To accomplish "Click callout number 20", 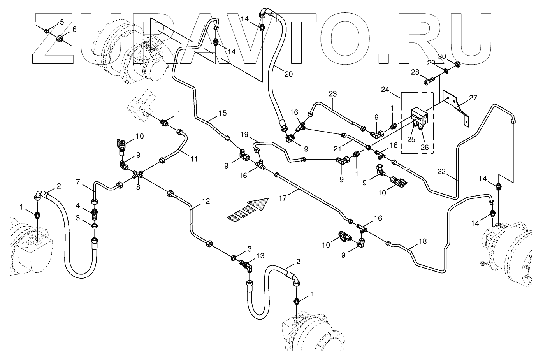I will tap(288, 74).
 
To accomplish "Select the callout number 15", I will tap(222, 113).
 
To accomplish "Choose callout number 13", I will tap(260, 255).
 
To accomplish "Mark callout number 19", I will tap(244, 135).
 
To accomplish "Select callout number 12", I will tap(206, 201).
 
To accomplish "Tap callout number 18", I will tap(423, 241).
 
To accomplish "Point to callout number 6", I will tap(74, 29).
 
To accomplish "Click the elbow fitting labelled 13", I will tap(246, 265).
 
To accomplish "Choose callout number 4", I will tap(78, 205).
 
